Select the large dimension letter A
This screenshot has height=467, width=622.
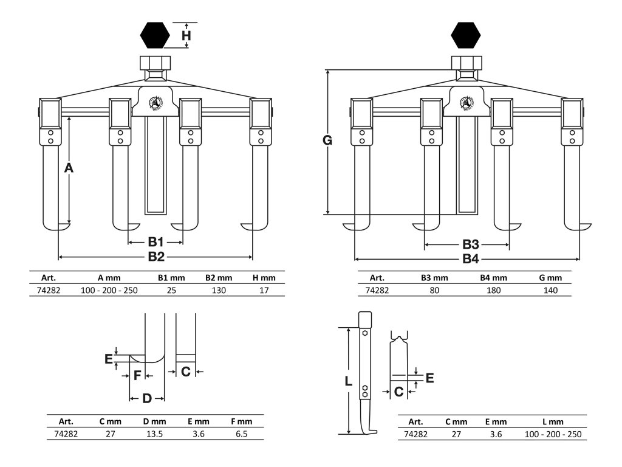click(69, 168)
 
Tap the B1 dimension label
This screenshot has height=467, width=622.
click(156, 242)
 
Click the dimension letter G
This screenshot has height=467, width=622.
click(327, 141)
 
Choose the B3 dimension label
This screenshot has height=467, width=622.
click(471, 244)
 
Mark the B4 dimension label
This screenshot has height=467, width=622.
click(471, 259)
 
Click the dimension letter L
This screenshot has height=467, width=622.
click(348, 382)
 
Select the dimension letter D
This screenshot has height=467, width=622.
click(146, 398)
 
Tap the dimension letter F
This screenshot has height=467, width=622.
click(137, 376)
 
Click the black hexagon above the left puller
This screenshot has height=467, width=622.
click(155, 35)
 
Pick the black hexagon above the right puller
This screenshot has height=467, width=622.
click(466, 35)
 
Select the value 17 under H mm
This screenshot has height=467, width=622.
click(264, 290)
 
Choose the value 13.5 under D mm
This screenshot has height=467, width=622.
click(154, 434)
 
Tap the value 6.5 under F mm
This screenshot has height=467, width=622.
click(241, 434)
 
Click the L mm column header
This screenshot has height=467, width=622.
click(552, 421)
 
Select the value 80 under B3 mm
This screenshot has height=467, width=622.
click(434, 290)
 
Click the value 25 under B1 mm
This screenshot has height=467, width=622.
click(171, 290)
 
